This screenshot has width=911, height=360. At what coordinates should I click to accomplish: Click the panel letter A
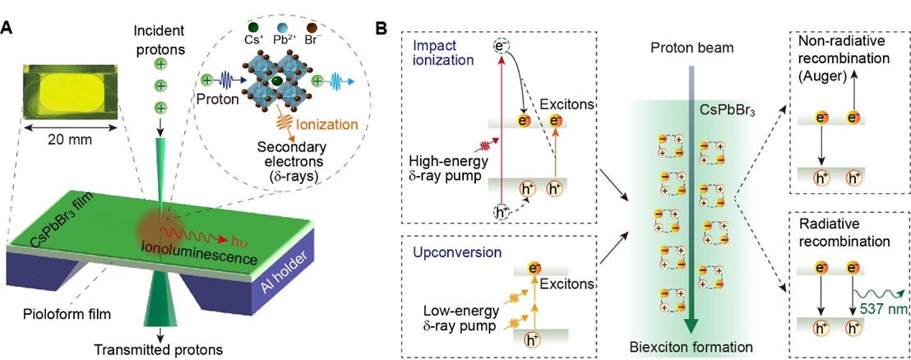point(7,28)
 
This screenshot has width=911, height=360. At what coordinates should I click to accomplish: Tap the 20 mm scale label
point(71,141)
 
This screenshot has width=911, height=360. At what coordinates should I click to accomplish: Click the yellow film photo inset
point(71,92)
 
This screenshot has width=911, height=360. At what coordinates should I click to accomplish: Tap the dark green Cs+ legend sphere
point(253,27)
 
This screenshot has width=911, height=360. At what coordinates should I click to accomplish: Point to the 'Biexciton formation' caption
point(691,347)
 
